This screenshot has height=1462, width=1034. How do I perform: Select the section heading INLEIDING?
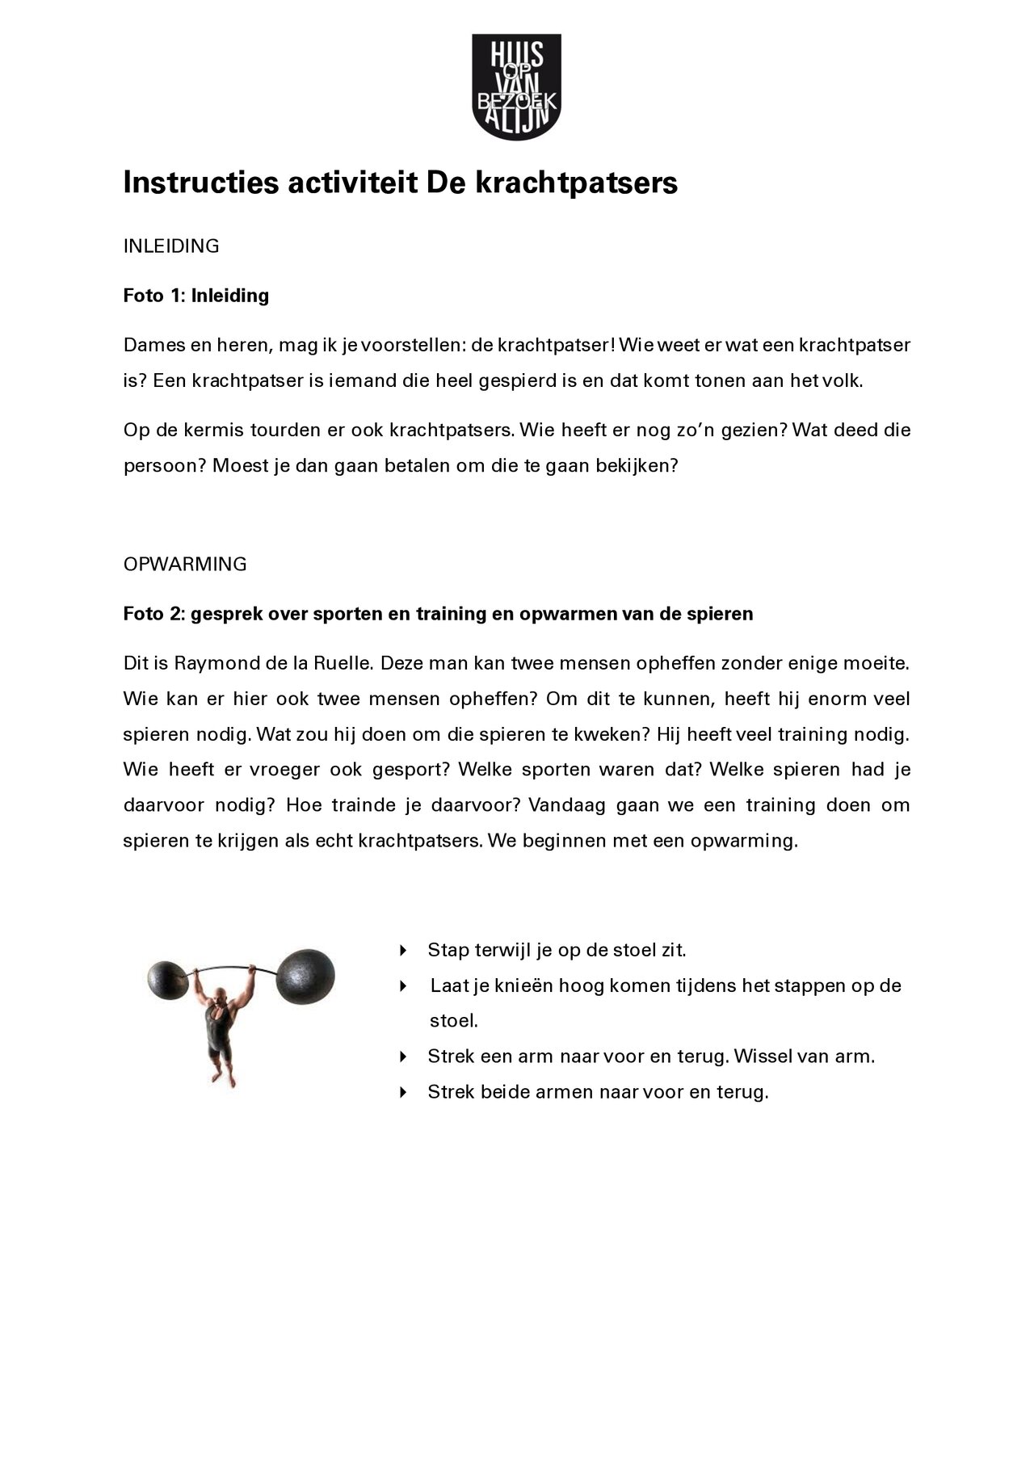pyautogui.click(x=170, y=246)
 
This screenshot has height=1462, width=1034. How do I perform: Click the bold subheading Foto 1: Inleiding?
pyautogui.click(x=195, y=296)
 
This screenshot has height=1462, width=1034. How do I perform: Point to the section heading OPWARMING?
pyautogui.click(x=184, y=565)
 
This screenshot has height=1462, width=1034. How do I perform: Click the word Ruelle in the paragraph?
pyautogui.click(x=342, y=664)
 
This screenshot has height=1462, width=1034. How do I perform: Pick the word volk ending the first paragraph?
pyautogui.click(x=843, y=381)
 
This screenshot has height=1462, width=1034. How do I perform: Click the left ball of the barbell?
pyautogui.click(x=171, y=982)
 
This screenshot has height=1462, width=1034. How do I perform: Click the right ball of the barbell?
pyautogui.click(x=305, y=974)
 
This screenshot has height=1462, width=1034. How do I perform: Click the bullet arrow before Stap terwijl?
pyautogui.click(x=403, y=951)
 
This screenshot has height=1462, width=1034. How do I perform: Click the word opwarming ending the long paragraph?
pyautogui.click(x=743, y=841)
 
